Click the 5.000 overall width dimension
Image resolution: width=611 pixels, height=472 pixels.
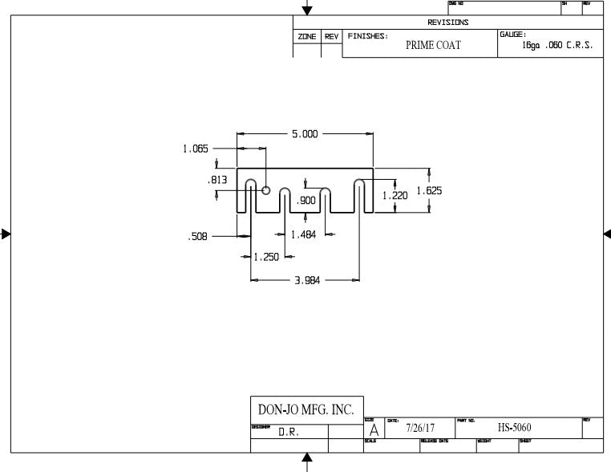point(305,134)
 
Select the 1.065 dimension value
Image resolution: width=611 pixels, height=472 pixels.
point(196,149)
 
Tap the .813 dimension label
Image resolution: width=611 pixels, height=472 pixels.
point(216,181)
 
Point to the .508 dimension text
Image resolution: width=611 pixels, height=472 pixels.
point(197,237)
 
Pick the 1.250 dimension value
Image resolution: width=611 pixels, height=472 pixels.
point(265,257)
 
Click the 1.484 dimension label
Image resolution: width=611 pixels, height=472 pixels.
point(303,234)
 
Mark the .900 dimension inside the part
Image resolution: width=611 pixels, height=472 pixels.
point(305,201)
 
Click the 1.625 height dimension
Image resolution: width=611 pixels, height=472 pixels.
point(429,191)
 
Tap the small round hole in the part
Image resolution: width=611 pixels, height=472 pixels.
point(265,190)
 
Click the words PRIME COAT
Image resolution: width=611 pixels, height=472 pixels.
point(433,46)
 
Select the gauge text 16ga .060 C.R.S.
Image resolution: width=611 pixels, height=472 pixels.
point(557,46)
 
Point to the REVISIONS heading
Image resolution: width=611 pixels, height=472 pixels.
point(447,22)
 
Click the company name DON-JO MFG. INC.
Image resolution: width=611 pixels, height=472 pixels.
point(302,409)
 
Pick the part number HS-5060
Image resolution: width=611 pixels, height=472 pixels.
point(514,428)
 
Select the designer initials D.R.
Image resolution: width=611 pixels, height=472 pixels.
point(289,432)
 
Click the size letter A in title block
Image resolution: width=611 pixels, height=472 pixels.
point(374,430)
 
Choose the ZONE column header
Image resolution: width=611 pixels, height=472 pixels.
point(306,37)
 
